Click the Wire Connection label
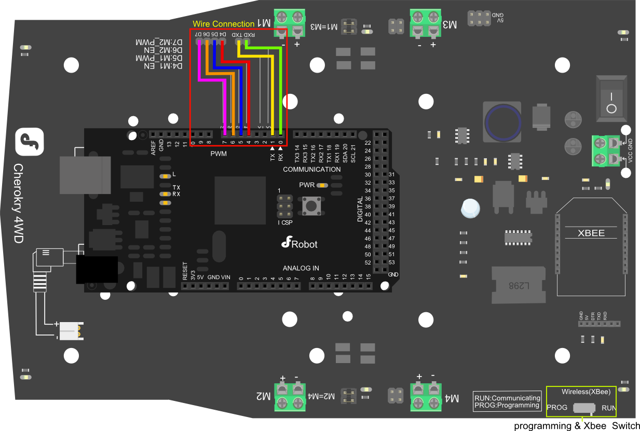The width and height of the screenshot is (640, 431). [x=224, y=24]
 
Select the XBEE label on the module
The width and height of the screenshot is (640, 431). [x=591, y=233]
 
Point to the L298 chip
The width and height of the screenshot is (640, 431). [x=519, y=286]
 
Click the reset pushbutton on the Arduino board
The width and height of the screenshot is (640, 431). [x=311, y=206]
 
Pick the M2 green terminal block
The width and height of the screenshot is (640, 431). [x=290, y=396]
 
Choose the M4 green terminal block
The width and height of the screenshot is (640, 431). [x=426, y=396]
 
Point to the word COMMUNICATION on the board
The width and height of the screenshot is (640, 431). [x=312, y=170]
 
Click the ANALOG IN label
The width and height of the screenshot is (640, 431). [x=301, y=268]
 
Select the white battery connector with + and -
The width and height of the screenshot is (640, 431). [x=71, y=330]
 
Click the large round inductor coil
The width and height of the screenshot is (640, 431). [x=502, y=123]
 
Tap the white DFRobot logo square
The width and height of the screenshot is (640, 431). [x=30, y=142]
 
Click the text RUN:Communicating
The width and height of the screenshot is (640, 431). [x=507, y=398]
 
